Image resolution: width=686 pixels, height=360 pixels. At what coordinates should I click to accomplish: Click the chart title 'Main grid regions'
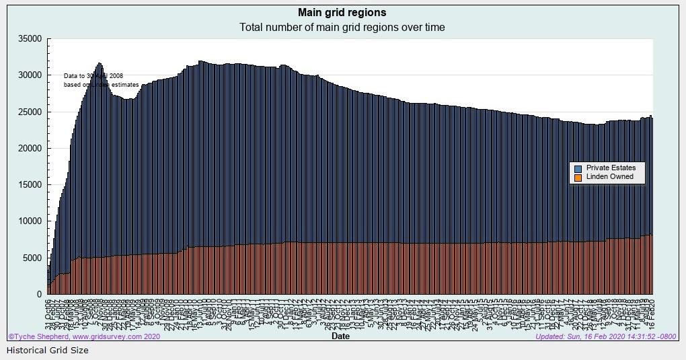(342, 13)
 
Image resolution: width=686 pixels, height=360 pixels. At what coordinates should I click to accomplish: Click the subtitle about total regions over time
(342, 28)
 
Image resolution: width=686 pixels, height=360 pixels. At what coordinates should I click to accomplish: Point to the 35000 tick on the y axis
(31, 39)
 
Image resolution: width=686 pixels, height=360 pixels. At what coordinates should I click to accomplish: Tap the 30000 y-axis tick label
(31, 75)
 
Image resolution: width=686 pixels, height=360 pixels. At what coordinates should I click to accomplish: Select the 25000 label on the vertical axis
(31, 112)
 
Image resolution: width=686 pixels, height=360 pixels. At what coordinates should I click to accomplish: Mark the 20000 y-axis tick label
(31, 148)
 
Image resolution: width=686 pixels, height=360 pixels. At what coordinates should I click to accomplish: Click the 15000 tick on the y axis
(31, 185)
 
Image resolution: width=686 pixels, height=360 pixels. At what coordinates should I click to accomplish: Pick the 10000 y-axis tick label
(31, 221)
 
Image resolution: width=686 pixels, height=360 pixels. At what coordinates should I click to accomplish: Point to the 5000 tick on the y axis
(33, 258)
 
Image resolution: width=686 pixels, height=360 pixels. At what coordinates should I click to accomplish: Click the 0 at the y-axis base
(40, 294)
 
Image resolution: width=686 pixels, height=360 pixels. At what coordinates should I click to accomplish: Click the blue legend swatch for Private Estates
(577, 168)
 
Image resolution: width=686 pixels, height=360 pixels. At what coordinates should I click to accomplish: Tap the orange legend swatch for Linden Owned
(577, 178)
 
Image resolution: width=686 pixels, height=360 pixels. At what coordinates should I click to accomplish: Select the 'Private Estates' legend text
(611, 168)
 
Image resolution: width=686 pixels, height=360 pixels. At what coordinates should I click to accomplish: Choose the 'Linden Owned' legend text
(609, 177)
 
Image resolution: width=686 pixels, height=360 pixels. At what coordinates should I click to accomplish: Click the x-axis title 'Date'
(340, 336)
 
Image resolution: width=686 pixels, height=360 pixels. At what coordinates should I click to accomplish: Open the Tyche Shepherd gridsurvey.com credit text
(84, 336)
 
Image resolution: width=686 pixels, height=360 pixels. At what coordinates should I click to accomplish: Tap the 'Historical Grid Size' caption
(47, 351)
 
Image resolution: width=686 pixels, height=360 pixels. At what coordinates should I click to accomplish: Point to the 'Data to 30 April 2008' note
(93, 76)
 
